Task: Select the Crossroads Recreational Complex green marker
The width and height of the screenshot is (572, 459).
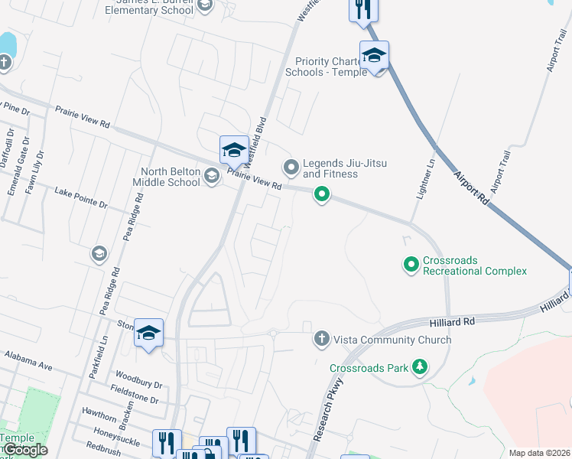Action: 411,265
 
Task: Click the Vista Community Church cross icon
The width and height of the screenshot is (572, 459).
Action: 322,338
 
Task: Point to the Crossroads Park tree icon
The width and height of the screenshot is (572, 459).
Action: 419,368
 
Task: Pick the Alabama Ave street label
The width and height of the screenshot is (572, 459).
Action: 28,361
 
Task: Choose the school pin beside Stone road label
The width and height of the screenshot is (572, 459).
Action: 149,334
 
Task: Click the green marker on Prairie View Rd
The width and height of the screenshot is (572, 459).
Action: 323,196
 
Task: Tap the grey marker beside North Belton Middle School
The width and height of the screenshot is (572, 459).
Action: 212,177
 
